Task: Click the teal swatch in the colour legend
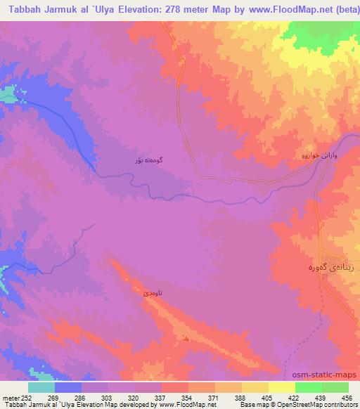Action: click(x=41, y=387)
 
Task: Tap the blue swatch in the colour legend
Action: click(x=68, y=387)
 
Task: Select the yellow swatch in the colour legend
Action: click(x=255, y=387)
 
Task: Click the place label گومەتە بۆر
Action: click(x=149, y=160)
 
